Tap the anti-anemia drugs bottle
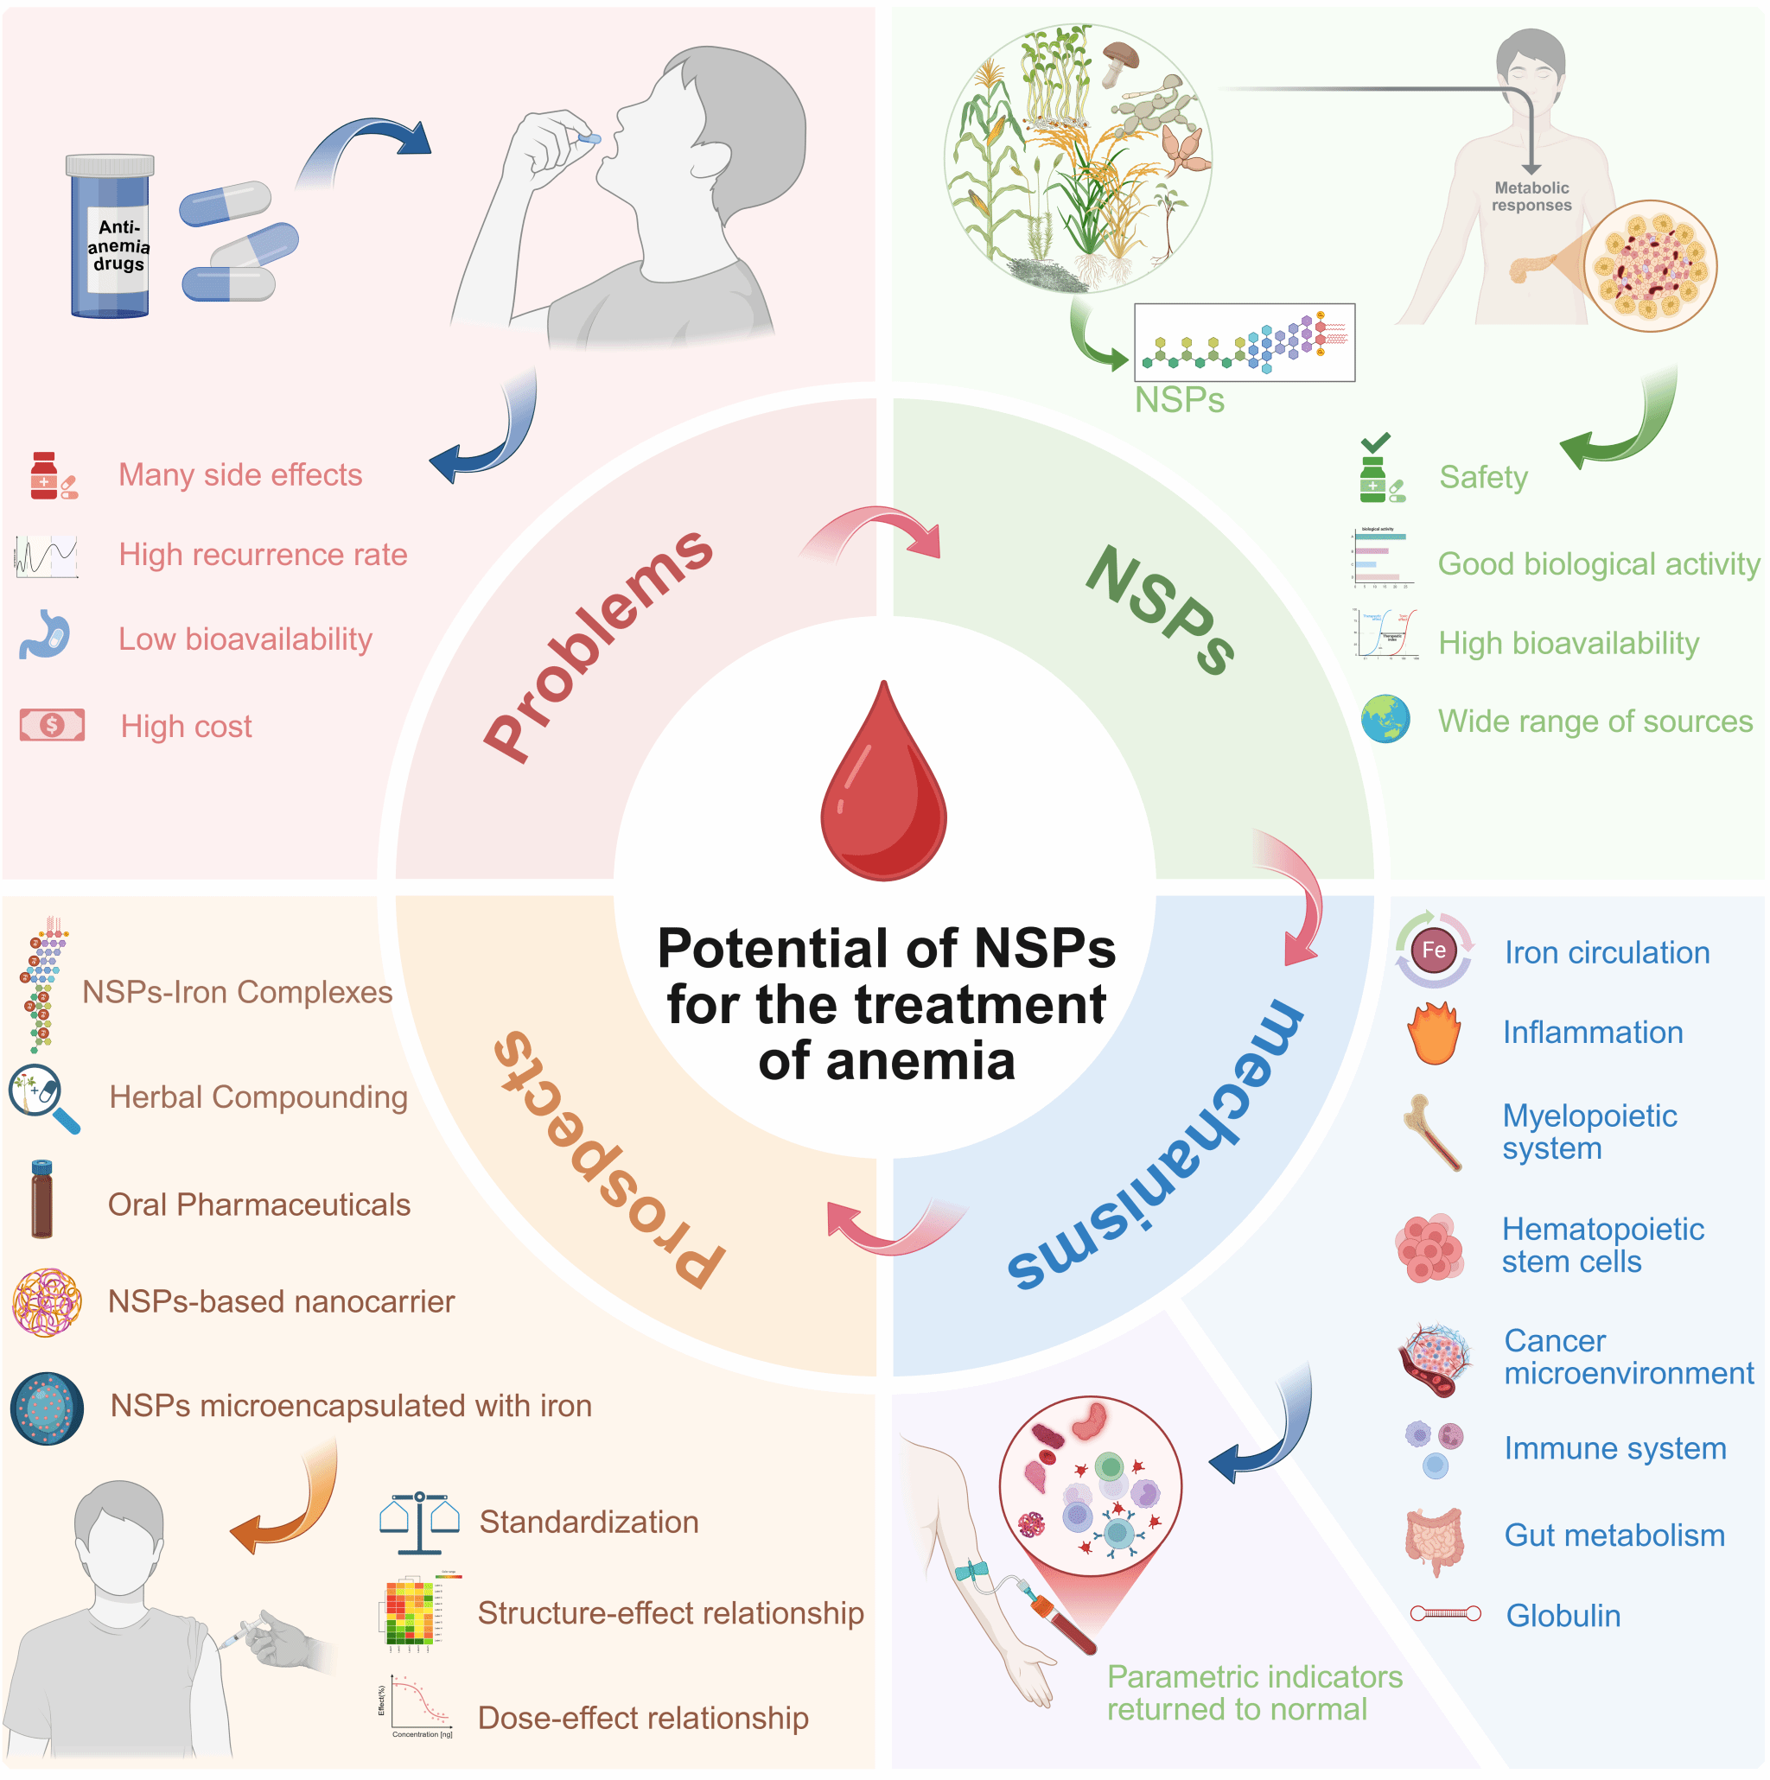point(111,238)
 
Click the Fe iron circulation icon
point(1433,950)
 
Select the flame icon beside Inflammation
point(1434,1033)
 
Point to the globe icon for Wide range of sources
point(1385,720)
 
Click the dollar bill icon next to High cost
point(53,725)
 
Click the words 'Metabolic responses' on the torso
point(1531,196)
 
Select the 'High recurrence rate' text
point(263,555)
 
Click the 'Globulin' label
point(1563,1616)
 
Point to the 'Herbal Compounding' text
point(258,1097)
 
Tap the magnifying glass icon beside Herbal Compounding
point(43,1098)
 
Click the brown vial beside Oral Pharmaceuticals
point(42,1198)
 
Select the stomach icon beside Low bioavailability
point(44,635)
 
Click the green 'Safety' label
point(1483,477)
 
